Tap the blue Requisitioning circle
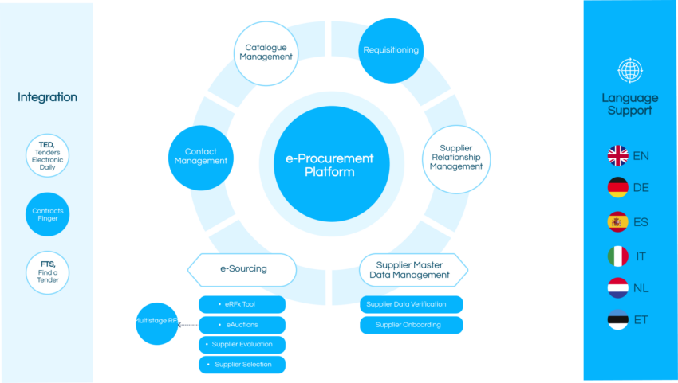(391, 50)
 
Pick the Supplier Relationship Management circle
(456, 158)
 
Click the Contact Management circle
(200, 156)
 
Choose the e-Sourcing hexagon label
(242, 269)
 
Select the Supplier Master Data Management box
(413, 270)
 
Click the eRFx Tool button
(242, 305)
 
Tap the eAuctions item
(242, 325)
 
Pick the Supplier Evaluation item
(242, 345)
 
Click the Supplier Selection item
(242, 365)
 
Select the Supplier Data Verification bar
(412, 305)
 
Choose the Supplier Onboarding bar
(412, 325)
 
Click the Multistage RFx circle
(156, 323)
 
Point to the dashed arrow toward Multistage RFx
(188, 325)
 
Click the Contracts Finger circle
(47, 215)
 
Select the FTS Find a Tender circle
(47, 272)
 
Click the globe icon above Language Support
(630, 71)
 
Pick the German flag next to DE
(617, 188)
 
